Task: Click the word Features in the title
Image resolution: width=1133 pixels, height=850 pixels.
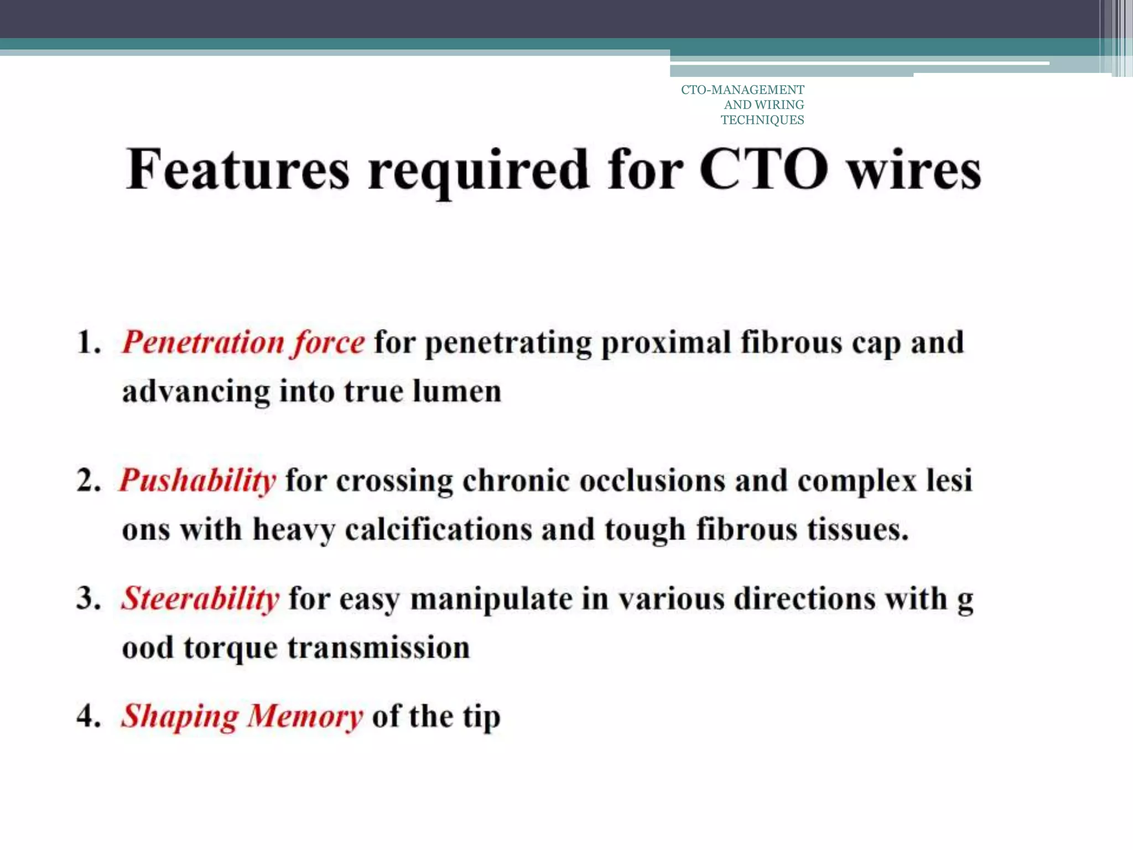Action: point(238,169)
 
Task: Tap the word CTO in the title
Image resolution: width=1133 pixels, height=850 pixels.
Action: point(764,169)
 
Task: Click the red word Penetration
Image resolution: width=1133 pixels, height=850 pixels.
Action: point(202,342)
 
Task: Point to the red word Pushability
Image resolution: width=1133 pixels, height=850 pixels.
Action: point(198,480)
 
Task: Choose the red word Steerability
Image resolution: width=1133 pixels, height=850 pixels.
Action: point(200,599)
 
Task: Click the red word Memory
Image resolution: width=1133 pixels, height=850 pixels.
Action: point(305,717)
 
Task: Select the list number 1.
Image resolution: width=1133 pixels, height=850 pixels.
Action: point(89,342)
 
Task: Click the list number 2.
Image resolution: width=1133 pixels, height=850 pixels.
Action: point(89,480)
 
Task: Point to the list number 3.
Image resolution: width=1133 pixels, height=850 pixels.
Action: point(89,599)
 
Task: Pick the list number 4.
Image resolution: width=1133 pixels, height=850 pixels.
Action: point(89,717)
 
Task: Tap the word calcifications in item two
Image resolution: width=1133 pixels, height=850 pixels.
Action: point(438,530)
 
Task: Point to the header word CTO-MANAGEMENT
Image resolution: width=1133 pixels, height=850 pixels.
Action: point(742,90)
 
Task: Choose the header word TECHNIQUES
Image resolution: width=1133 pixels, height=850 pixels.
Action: point(762,120)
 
